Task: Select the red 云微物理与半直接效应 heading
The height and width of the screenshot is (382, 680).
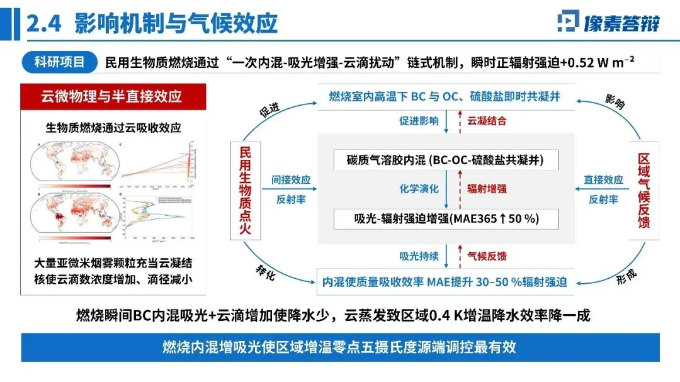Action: [111, 96]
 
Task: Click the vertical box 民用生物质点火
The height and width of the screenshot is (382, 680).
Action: [245, 188]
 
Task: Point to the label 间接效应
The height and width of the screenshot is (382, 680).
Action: [291, 179]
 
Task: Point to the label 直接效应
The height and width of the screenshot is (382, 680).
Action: [603, 179]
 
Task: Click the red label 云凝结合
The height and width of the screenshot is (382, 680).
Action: [486, 121]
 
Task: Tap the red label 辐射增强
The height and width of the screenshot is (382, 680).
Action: [486, 188]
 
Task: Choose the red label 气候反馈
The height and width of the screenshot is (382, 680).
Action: [486, 256]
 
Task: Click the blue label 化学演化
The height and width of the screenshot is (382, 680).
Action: [419, 188]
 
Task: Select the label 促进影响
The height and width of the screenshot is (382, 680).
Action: [419, 121]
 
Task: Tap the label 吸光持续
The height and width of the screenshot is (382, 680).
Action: [419, 256]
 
